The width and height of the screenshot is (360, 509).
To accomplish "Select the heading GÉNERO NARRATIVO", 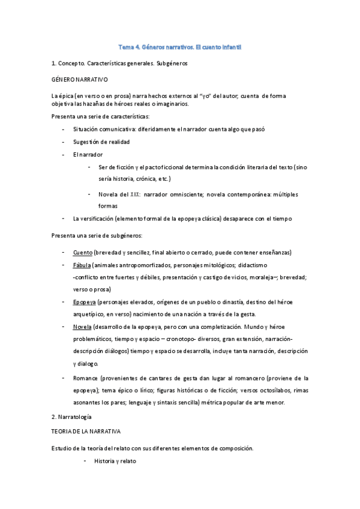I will click(80, 79).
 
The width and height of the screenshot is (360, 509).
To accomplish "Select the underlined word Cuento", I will click(82, 252).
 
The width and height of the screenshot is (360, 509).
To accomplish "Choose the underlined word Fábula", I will click(82, 265).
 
